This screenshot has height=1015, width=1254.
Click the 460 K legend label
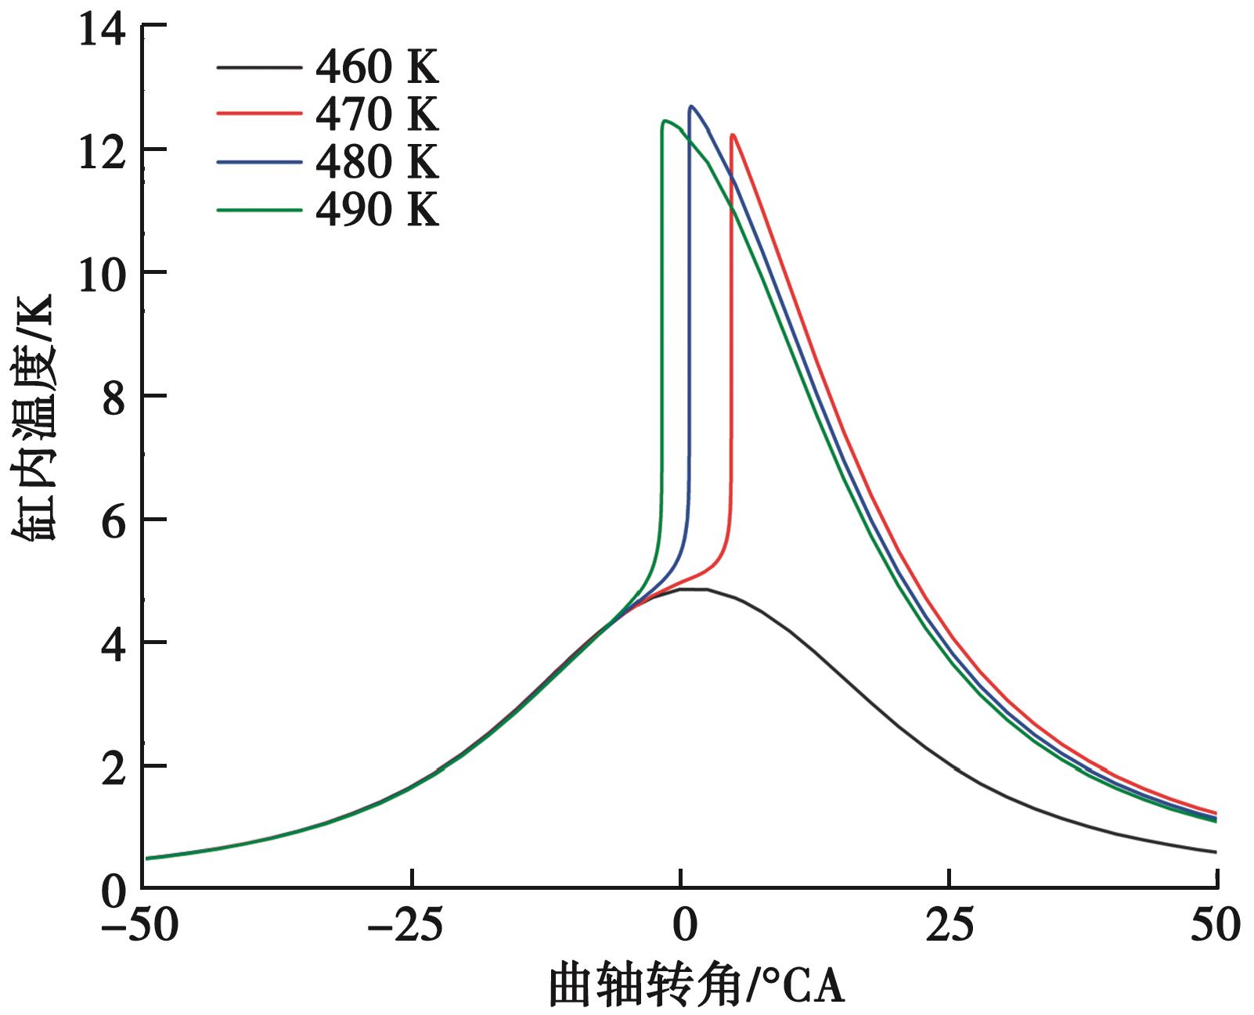pos(377,68)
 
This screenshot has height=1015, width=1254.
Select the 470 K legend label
pos(377,114)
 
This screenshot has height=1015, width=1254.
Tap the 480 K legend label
pos(377,162)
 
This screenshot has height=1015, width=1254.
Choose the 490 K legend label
pos(377,210)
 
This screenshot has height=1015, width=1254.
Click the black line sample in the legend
pos(259,68)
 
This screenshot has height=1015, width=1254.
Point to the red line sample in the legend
pos(259,114)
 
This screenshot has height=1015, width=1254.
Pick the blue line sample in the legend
pos(259,162)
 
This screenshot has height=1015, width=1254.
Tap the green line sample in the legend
pos(259,210)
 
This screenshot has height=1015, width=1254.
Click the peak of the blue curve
pos(691,106)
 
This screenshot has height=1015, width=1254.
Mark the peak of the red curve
pos(733,135)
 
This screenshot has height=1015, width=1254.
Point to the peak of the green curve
pos(665,121)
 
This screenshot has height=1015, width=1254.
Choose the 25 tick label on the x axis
pos(950,927)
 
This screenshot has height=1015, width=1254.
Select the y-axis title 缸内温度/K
pos(33,418)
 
